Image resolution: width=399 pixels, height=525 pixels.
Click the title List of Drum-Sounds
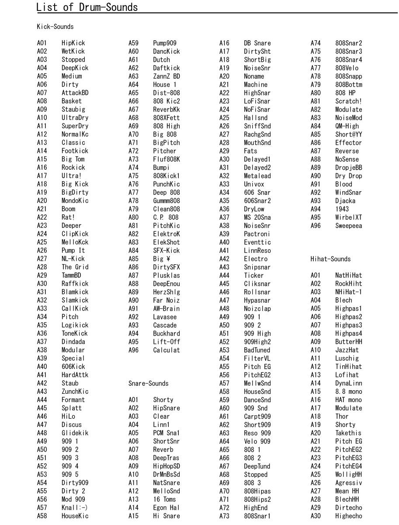coord(87,7)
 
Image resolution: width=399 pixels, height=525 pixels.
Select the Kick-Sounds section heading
coord(55,27)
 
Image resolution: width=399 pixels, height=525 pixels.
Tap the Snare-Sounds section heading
coord(148,383)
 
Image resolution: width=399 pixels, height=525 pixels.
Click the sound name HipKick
coord(73,43)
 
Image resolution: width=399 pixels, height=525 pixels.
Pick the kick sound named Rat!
coord(69,217)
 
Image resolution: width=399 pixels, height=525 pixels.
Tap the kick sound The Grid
coord(75,267)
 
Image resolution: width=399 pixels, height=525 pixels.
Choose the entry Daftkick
coord(166,68)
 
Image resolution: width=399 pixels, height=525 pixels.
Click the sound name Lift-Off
coord(166,342)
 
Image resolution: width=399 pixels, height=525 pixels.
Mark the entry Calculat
coord(166,350)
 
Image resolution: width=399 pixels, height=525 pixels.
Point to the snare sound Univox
coord(254,184)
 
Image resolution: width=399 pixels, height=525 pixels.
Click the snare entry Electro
coord(256,259)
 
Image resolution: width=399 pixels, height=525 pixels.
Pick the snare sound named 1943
coord(342,209)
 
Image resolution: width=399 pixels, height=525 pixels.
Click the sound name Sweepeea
coord(348,226)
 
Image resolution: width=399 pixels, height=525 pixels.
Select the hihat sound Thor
coord(342,416)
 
